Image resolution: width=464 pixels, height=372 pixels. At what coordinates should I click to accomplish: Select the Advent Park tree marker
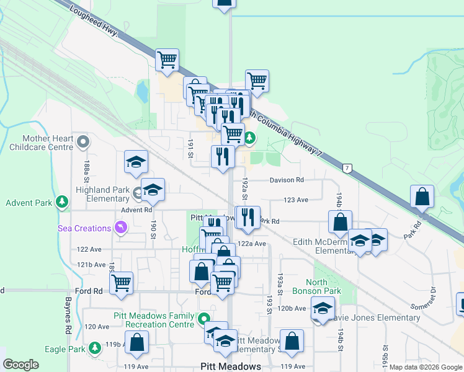61,202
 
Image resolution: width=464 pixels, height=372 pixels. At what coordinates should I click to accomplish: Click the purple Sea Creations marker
121,228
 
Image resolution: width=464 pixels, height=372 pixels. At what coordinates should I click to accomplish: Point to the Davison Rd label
287,180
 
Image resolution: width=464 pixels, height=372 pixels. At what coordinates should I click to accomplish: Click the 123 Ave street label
296,200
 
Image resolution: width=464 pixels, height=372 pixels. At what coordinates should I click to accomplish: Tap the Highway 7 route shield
347,169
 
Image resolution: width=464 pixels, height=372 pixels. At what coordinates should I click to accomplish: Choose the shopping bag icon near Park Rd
422,198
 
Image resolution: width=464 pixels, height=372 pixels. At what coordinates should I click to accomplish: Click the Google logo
20,365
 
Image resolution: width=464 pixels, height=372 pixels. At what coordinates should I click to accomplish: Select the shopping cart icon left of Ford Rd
121,283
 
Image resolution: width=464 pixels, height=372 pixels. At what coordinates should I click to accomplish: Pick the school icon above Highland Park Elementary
136,163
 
